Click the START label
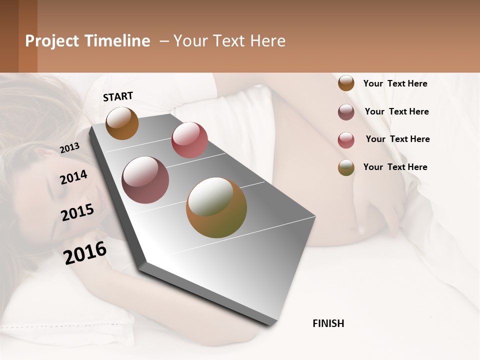click(x=118, y=96)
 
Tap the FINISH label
click(x=328, y=323)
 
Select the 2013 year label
click(x=69, y=148)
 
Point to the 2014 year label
click(x=73, y=177)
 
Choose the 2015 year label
click(x=77, y=212)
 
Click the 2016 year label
click(x=85, y=252)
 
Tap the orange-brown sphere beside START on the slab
click(x=122, y=123)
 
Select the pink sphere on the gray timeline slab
click(x=189, y=139)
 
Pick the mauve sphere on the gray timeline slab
click(x=145, y=179)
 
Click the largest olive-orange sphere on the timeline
click(x=216, y=207)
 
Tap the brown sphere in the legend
click(x=346, y=83)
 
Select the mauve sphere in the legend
click(x=346, y=112)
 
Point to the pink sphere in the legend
click(x=346, y=140)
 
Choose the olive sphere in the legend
click(x=346, y=167)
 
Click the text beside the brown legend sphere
click(x=395, y=83)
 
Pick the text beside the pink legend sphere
click(x=397, y=139)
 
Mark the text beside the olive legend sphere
click(x=395, y=167)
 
